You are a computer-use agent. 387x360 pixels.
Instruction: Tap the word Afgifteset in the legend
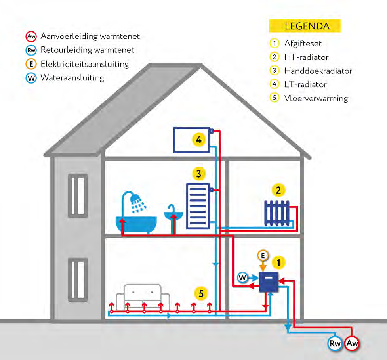click(303, 44)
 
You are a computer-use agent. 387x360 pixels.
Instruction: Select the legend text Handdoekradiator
click(318, 71)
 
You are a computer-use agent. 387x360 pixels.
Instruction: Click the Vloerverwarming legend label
click(316, 98)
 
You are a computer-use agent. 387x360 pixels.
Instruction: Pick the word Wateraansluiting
click(72, 78)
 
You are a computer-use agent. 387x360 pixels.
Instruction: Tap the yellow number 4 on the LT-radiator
click(199, 140)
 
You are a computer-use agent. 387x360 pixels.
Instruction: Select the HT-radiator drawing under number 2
click(276, 213)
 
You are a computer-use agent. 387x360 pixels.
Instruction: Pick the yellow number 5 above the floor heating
click(201, 294)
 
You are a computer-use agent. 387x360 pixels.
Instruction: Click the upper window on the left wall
click(78, 195)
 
